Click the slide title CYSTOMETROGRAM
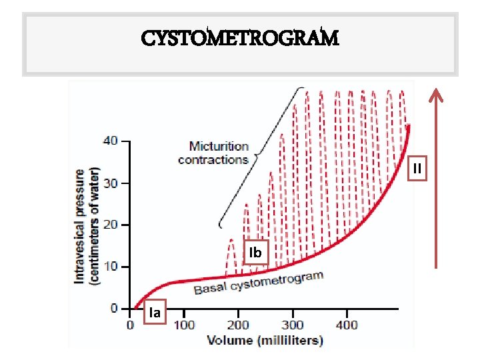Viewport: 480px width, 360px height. [x=240, y=38]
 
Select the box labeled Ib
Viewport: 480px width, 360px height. [x=255, y=253]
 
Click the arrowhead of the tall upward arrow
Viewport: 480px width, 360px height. [x=436, y=95]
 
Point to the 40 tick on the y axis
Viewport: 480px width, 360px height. [x=110, y=141]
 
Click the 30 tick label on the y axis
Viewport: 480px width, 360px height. [x=110, y=183]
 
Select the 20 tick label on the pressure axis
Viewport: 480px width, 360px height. [x=110, y=225]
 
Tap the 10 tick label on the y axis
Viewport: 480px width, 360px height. [x=110, y=267]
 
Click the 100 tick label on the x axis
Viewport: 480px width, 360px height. [x=184, y=325]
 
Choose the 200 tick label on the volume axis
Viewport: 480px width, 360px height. [x=238, y=325]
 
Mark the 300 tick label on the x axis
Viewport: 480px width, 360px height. [x=292, y=325]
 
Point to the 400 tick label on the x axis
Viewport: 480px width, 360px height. [x=346, y=325]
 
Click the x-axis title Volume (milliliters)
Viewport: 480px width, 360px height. [x=265, y=340]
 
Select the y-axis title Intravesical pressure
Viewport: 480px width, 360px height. [x=87, y=225]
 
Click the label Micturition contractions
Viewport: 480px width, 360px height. [x=213, y=153]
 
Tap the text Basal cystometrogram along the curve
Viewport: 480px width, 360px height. [x=258, y=283]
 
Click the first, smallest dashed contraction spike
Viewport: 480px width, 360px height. [x=231, y=255]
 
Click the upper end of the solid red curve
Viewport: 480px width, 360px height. [x=408, y=127]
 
